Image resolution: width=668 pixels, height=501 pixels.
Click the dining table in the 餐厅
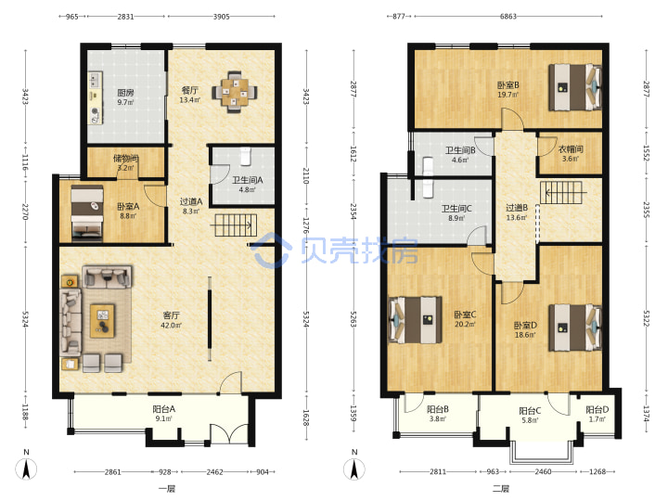coord(235,92)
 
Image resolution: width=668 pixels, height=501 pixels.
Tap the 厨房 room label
coord(125,93)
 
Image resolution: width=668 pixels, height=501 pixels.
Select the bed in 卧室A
coord(87,212)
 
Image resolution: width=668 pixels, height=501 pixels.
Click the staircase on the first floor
coord(234,225)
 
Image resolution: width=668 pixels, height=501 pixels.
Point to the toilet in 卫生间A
coord(246,157)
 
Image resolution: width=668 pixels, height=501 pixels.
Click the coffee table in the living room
coord(102,320)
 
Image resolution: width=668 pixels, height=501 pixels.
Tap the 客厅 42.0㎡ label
coord(172,320)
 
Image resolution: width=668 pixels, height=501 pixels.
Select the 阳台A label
coord(164,409)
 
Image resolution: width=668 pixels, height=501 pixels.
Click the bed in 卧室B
coord(574,87)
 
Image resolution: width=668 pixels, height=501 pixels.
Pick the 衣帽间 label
coord(571,149)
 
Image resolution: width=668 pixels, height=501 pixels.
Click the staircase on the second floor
coord(561,193)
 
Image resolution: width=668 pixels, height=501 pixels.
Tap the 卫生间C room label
coord(456,209)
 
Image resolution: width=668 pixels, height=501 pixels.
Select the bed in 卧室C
coord(416,320)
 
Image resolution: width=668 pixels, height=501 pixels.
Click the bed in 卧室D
coord(574,328)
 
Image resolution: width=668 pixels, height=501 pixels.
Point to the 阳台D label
coord(597,410)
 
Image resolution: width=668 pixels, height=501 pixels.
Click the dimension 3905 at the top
coord(221,17)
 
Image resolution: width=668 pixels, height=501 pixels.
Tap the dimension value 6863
coord(507,17)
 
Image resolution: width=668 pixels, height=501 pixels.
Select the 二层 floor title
coord(501,489)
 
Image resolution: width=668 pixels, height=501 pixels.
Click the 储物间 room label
coord(125,159)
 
